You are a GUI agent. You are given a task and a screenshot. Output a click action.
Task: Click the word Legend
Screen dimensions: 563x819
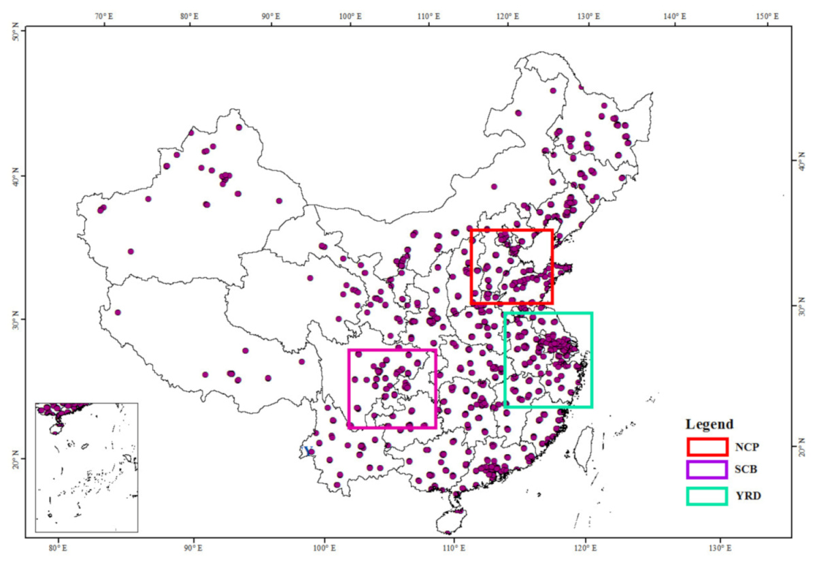click(709, 423)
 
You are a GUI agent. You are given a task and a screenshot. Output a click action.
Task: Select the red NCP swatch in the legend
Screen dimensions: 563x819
click(707, 447)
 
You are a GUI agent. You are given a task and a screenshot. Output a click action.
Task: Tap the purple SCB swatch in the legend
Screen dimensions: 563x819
click(707, 470)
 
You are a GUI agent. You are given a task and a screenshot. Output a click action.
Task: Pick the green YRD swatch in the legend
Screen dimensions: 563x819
click(707, 495)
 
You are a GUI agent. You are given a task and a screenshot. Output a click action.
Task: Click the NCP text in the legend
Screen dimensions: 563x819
click(746, 447)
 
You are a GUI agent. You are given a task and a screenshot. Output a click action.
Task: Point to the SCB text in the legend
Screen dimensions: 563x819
click(746, 471)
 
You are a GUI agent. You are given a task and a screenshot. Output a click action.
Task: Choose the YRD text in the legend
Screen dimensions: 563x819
click(747, 496)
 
